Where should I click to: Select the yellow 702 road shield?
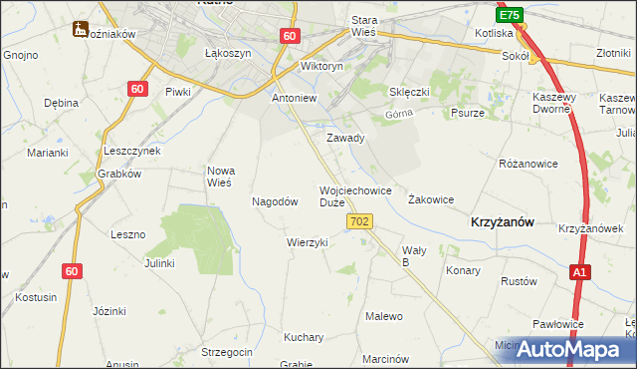pos(361,221)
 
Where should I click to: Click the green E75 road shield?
pos(510,15)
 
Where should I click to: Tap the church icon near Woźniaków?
pos(80,30)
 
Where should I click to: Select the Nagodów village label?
pos(276,201)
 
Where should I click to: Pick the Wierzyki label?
pos(307,242)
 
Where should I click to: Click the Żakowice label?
pos(431,199)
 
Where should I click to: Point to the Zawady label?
pos(346,138)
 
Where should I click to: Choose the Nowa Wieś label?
pos(219,177)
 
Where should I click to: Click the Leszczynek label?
pos(132,151)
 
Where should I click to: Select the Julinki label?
pos(159,263)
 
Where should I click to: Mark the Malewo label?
pos(384,316)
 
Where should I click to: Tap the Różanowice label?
pos(527,162)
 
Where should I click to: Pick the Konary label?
pos(463,270)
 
